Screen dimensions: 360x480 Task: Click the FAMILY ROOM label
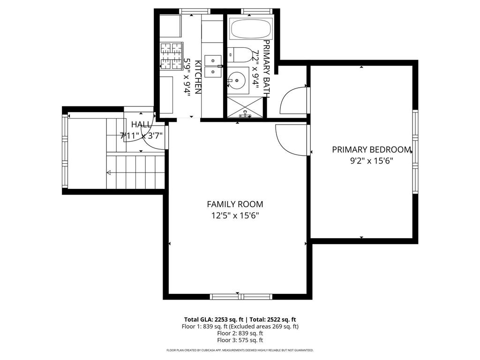pyautogui.click(x=235, y=204)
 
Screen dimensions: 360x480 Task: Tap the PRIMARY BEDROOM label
pyautogui.click(x=371, y=150)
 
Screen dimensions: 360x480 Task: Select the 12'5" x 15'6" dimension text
pyautogui.click(x=235, y=216)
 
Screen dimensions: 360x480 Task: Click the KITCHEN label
pyautogui.click(x=198, y=77)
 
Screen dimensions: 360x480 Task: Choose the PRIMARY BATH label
pyautogui.click(x=266, y=68)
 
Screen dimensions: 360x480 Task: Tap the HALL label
pyautogui.click(x=141, y=125)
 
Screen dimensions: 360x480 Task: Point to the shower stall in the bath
pyautogui.click(x=245, y=107)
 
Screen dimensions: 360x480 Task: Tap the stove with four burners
pyautogui.click(x=171, y=55)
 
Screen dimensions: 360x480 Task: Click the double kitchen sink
pyautogui.click(x=213, y=66)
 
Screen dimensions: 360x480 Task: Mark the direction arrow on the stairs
pyautogui.click(x=109, y=172)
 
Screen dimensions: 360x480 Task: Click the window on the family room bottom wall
pyautogui.click(x=241, y=296)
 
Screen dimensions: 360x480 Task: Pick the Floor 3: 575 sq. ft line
pyautogui.click(x=240, y=340)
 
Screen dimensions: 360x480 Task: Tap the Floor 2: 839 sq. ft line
pyautogui.click(x=240, y=333)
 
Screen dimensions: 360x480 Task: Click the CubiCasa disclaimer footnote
pyautogui.click(x=240, y=350)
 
